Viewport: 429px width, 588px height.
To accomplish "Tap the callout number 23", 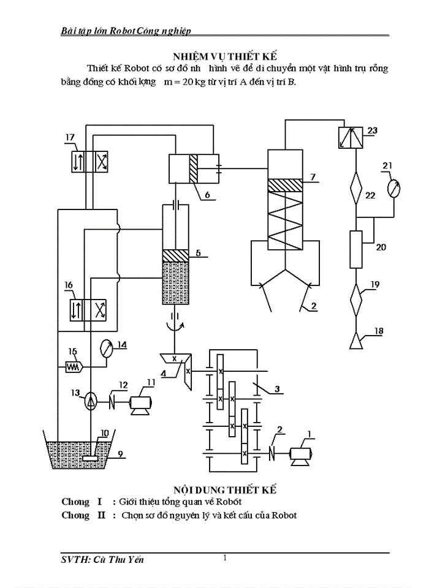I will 372,130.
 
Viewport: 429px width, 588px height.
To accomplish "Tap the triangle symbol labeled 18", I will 356,340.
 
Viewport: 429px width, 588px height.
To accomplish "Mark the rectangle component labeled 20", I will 356,249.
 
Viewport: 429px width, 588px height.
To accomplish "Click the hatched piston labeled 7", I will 286,184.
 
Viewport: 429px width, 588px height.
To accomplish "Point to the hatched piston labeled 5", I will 175,254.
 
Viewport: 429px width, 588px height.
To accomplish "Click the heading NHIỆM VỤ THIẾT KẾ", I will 226,53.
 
